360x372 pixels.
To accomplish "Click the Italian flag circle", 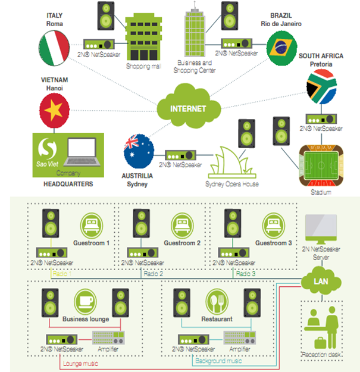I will click(x=54, y=48).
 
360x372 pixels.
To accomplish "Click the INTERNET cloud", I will click(x=188, y=109).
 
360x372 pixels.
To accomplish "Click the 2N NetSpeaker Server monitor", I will click(x=320, y=228).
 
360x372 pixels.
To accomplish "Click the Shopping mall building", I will click(x=143, y=37).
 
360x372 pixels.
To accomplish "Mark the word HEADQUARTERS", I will click(x=68, y=185).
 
